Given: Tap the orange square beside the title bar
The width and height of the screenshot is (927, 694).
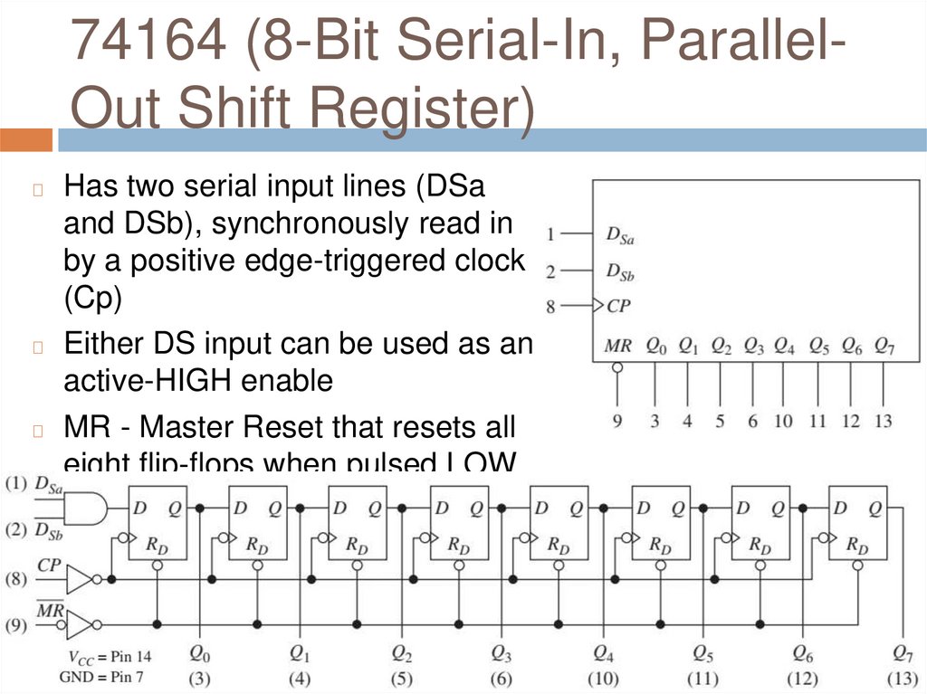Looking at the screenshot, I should point(26,140).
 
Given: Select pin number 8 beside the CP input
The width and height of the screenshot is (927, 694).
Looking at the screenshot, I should point(550,307).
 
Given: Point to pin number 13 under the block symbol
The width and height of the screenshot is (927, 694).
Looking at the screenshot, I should point(884,421).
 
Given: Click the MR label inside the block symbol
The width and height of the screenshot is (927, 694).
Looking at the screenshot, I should point(617,346).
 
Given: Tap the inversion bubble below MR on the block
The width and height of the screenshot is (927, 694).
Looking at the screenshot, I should point(617,367).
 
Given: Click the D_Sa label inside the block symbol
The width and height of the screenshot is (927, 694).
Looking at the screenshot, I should point(620,236).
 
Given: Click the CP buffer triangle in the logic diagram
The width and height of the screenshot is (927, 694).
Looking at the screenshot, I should point(80,578).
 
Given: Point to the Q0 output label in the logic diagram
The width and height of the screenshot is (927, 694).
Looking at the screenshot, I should point(198,651).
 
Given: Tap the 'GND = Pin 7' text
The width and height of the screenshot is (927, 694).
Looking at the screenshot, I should point(101,676).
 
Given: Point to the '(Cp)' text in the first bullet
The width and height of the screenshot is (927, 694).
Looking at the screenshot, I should point(92,299).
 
